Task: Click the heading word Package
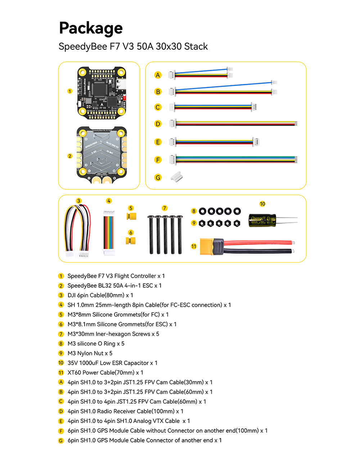(91, 28)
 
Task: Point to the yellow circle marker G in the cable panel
(158, 177)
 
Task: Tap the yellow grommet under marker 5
(131, 216)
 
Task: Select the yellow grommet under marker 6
(131, 240)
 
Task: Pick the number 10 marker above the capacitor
(262, 204)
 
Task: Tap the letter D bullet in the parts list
(61, 411)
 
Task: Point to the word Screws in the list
(141, 334)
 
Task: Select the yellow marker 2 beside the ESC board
(70, 156)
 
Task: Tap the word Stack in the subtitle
(196, 46)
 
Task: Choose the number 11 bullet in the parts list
(61, 373)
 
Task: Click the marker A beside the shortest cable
(158, 75)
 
